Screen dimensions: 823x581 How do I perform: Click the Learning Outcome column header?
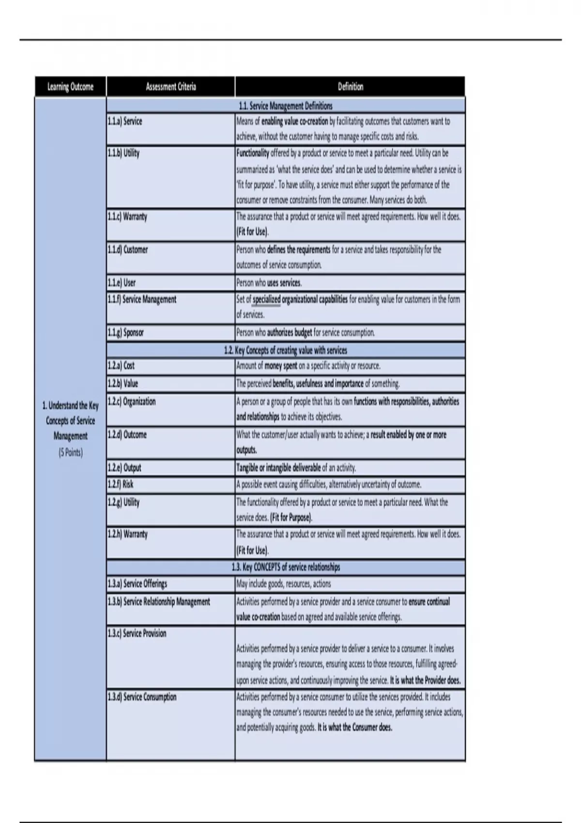click(70, 87)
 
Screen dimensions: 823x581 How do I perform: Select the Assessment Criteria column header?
click(170, 87)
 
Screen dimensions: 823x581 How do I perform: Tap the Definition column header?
click(350, 87)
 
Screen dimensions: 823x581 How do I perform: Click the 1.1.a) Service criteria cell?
click(125, 122)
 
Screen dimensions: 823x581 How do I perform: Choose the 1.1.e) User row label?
click(122, 283)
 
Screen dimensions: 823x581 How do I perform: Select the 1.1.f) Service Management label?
click(142, 300)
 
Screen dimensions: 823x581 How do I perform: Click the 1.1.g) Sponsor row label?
click(125, 333)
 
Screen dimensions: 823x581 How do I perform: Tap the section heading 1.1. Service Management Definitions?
click(286, 106)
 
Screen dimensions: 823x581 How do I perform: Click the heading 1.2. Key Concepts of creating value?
click(286, 350)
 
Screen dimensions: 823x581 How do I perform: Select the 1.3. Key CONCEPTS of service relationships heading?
click(286, 567)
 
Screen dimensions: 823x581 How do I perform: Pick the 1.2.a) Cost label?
click(121, 366)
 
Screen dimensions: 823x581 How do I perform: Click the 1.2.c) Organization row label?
click(132, 401)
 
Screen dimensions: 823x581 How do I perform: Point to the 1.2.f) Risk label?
click(121, 484)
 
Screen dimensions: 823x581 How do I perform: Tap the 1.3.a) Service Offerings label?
click(138, 584)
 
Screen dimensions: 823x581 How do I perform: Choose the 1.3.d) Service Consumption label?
click(142, 697)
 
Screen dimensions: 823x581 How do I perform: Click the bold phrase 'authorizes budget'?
click(290, 333)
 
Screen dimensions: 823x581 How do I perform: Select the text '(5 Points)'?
click(71, 453)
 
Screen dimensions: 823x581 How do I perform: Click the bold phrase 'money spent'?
click(281, 366)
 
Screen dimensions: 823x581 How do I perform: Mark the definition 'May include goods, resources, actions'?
click(284, 584)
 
